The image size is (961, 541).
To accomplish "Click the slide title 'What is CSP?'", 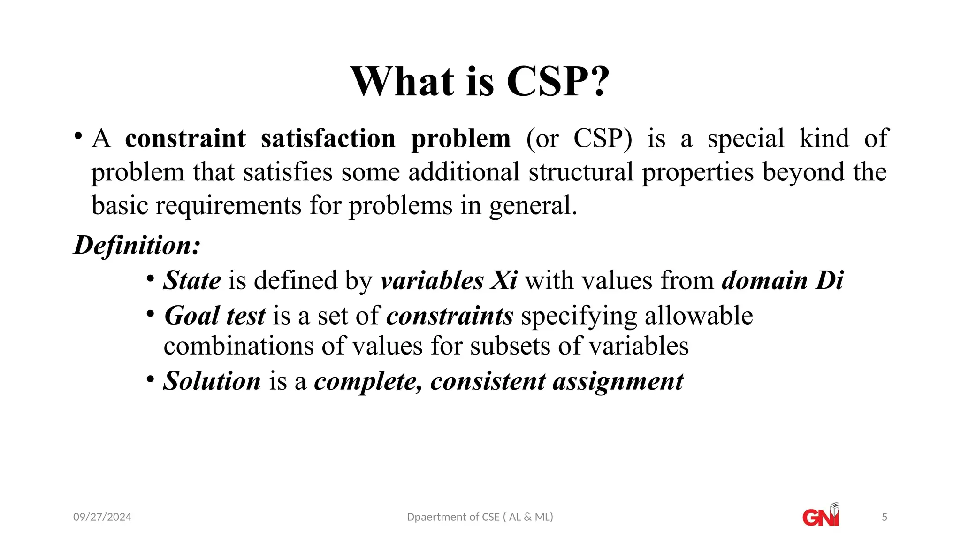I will (480, 82).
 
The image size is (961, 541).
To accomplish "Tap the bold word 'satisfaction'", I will (328, 139).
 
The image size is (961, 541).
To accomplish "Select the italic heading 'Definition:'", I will (137, 245).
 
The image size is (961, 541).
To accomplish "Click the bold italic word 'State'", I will (192, 280).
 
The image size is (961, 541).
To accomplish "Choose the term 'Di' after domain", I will (830, 280).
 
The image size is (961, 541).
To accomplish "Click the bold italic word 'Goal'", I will (191, 316).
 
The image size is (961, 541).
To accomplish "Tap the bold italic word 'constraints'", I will (450, 316).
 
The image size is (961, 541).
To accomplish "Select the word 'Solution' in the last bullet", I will (212, 381).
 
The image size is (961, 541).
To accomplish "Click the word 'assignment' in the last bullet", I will (618, 381).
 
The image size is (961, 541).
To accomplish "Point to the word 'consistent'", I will (488, 381).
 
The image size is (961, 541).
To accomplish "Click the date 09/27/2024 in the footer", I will (102, 517).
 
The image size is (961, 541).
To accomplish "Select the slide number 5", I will (885, 517).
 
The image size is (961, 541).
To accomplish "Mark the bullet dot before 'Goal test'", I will (150, 314).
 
